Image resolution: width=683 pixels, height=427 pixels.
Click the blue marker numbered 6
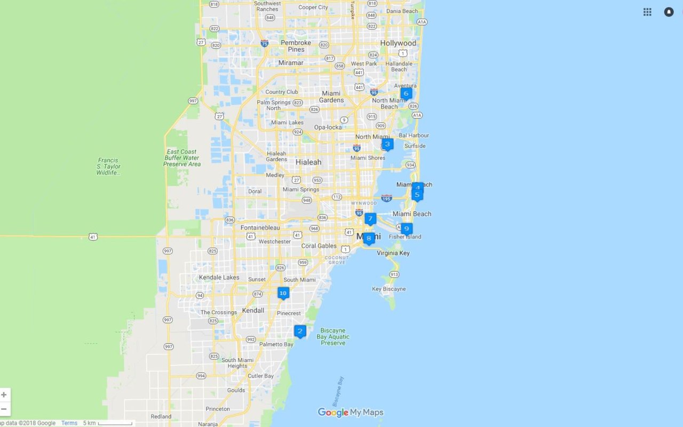406,94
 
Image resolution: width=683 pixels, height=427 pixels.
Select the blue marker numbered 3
387,144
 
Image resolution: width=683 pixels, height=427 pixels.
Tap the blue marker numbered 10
283,293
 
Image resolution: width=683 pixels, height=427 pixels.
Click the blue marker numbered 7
370,219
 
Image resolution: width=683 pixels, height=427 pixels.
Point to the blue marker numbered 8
369,239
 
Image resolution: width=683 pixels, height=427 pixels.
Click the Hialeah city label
308,162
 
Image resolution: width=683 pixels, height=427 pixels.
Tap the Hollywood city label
398,43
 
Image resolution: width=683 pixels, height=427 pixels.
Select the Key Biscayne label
389,289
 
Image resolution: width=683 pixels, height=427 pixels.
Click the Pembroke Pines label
296,46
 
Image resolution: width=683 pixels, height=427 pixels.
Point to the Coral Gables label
319,246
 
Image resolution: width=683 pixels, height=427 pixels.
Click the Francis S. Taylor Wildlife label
108,166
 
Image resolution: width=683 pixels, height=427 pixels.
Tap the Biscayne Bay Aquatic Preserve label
333,337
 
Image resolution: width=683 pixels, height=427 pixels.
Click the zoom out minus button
4,409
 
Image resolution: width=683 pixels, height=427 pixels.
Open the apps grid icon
647,12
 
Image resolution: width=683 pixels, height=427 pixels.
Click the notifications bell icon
669,12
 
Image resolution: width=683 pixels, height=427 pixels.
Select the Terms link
69,423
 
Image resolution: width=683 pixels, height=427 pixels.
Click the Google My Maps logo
351,412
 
